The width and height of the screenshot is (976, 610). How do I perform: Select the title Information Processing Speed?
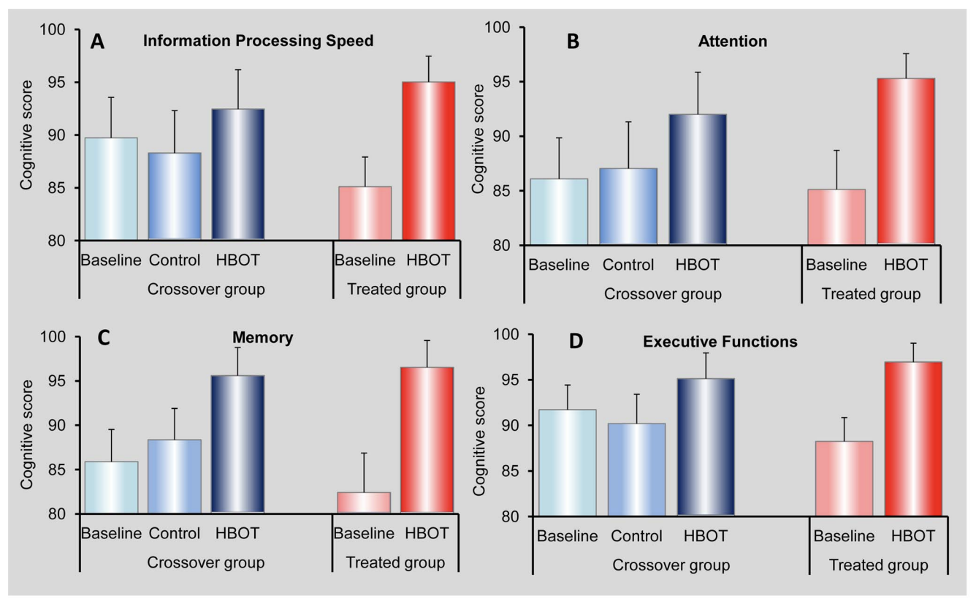point(259,41)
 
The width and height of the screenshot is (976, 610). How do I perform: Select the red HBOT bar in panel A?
point(429,161)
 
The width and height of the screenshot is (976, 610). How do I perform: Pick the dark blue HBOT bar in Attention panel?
point(698,179)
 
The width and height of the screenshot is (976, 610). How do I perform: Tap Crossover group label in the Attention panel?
point(663,294)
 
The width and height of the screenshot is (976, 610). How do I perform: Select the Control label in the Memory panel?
point(174,534)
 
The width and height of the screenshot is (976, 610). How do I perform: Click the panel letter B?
point(573,42)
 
